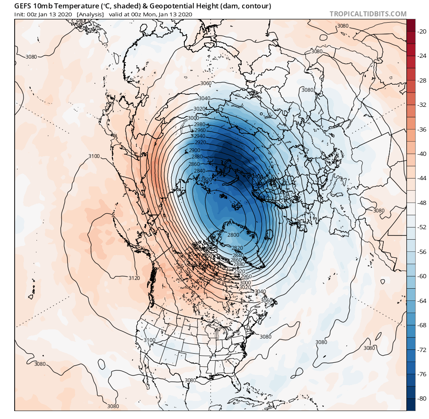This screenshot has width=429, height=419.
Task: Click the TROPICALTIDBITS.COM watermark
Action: pyautogui.click(x=368, y=14)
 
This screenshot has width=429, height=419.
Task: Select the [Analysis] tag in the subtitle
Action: pyautogui.click(x=90, y=14)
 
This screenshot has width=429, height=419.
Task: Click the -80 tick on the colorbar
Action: pyautogui.click(x=420, y=398)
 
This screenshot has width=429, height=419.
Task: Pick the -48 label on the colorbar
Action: pyautogui.click(x=420, y=203)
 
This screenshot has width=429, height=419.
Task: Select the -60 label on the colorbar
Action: pyautogui.click(x=420, y=276)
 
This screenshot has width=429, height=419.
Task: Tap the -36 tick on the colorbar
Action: pyautogui.click(x=420, y=129)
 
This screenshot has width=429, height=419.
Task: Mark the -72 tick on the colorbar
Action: pyautogui.click(x=420, y=349)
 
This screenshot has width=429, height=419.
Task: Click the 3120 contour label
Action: pyautogui.click(x=134, y=278)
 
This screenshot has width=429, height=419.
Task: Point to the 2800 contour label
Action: pyautogui.click(x=233, y=235)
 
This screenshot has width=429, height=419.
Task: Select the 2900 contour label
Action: pyautogui.click(x=194, y=150)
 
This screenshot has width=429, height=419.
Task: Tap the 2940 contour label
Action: pyautogui.click(x=200, y=136)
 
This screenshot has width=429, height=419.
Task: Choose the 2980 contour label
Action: pyautogui.click(x=199, y=124)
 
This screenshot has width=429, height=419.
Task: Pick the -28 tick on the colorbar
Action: pyautogui.click(x=420, y=80)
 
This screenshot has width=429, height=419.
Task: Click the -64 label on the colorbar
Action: pyautogui.click(x=420, y=301)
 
